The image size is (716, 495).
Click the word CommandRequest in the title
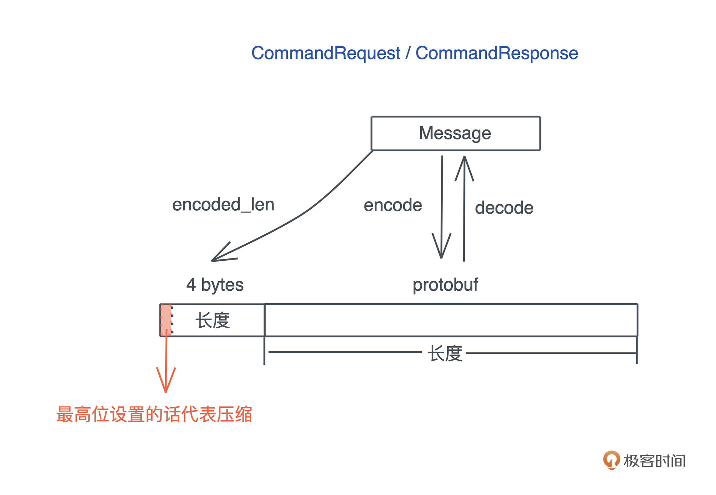(326, 53)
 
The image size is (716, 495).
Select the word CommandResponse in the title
(496, 53)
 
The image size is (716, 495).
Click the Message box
(455, 133)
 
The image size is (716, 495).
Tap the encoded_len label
(223, 205)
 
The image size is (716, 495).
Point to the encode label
(392, 205)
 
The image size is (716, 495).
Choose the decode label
(504, 208)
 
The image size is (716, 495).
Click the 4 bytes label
(215, 285)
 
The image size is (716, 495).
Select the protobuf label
(445, 285)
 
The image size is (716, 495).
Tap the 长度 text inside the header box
(213, 320)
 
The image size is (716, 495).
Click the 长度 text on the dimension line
(445, 353)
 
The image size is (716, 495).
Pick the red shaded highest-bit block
(166, 320)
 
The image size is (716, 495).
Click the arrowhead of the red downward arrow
(166, 387)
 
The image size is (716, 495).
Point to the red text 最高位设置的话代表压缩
(154, 414)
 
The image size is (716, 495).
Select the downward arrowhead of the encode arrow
(441, 253)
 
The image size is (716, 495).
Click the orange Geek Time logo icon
(611, 460)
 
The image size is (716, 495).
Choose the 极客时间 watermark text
(654, 461)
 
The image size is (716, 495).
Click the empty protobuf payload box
(451, 320)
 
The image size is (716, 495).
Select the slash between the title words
(408, 53)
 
